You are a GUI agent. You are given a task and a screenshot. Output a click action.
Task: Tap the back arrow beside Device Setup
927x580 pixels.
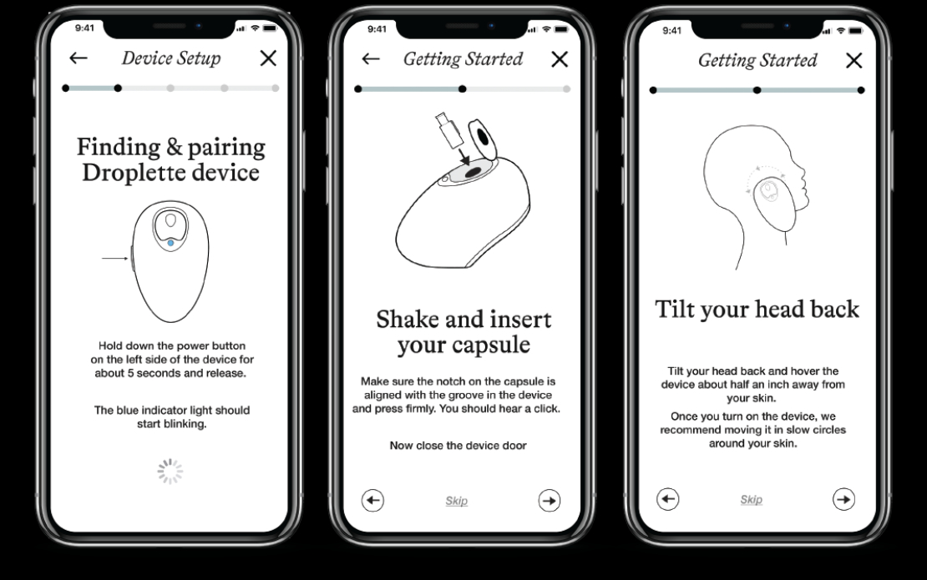tap(78, 58)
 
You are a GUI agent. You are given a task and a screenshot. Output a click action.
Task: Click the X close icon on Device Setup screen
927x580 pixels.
tap(268, 58)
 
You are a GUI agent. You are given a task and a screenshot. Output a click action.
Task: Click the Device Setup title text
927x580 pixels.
tap(171, 58)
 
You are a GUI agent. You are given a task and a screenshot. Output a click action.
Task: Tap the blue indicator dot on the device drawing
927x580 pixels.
tap(171, 243)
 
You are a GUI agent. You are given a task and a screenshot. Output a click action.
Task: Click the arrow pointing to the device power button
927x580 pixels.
tap(115, 258)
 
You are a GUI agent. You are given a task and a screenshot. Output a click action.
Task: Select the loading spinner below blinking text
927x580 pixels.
tap(170, 472)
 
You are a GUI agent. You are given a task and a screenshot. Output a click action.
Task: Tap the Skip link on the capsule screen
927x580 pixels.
tap(457, 501)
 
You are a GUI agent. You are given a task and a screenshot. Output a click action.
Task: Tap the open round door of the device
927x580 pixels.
tap(483, 139)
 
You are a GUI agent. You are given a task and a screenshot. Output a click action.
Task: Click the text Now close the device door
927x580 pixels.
tap(458, 446)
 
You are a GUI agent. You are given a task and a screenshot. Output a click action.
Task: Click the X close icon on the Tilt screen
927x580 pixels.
tap(854, 60)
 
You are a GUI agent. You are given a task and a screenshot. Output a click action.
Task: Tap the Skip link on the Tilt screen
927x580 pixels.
tap(752, 500)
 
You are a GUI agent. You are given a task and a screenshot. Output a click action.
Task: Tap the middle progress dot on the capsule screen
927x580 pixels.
tap(463, 89)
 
